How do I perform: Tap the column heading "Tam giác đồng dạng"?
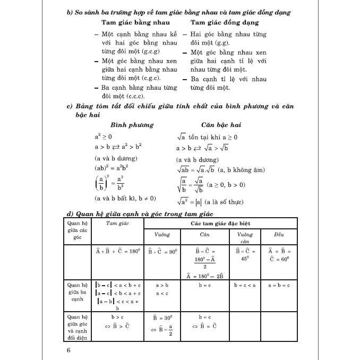click(x=225, y=23)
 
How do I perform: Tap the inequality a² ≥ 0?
click(x=103, y=136)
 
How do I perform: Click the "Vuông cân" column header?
click(x=245, y=237)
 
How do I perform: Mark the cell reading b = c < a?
click(x=245, y=285)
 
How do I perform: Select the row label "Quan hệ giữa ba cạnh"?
click(x=78, y=292)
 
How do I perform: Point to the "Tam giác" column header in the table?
click(x=117, y=225)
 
